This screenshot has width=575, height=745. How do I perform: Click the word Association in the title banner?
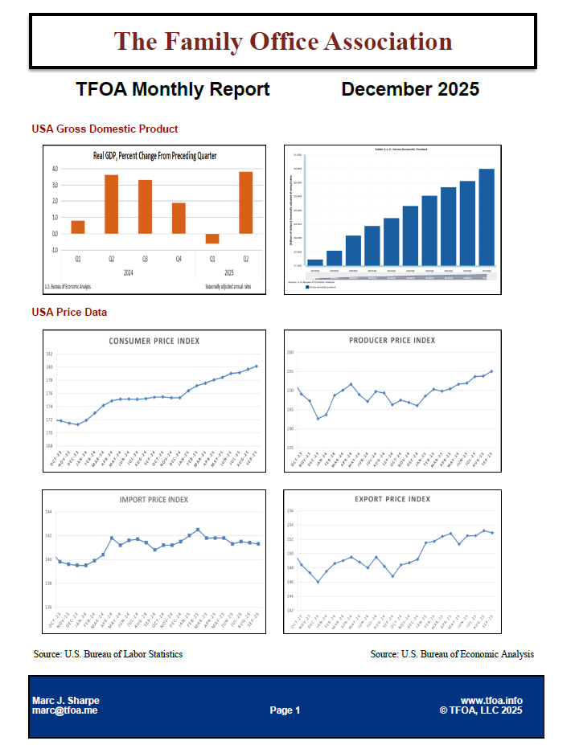(x=388, y=41)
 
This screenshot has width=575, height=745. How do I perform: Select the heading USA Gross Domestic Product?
(x=105, y=129)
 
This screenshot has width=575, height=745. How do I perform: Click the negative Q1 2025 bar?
(x=212, y=239)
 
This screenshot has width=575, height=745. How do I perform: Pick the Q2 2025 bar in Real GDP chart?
(x=245, y=203)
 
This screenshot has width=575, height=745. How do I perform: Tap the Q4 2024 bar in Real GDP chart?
(x=179, y=218)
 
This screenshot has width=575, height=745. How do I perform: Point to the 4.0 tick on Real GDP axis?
(x=55, y=169)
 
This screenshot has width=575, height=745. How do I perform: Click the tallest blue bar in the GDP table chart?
(x=487, y=216)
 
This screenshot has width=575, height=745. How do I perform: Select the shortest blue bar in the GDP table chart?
(x=315, y=262)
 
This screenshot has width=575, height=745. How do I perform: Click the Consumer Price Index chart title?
(x=154, y=341)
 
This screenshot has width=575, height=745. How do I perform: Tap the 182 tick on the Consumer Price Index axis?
(x=49, y=354)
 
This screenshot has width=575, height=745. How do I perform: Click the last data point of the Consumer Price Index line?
(x=257, y=366)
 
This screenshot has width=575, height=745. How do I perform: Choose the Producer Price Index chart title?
(x=392, y=340)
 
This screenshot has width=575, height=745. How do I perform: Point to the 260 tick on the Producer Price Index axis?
(x=290, y=352)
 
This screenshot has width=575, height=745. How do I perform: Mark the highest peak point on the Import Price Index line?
(x=198, y=530)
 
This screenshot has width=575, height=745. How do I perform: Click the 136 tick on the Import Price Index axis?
(x=49, y=608)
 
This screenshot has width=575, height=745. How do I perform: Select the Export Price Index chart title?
(x=392, y=499)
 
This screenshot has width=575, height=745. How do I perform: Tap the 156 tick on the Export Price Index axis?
(x=291, y=511)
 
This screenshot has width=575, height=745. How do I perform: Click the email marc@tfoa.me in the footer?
(x=64, y=710)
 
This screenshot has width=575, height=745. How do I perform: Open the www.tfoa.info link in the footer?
(x=491, y=701)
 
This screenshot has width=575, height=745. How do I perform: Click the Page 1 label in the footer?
(x=285, y=710)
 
